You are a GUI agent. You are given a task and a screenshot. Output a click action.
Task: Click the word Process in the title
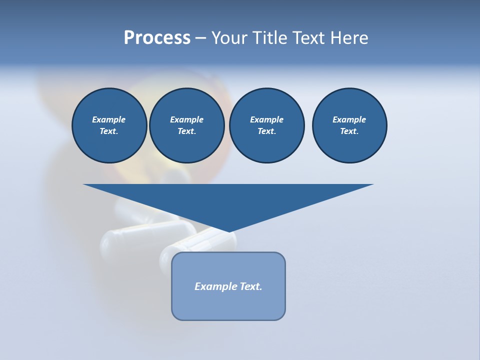157,38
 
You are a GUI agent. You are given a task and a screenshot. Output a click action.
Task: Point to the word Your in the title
230,38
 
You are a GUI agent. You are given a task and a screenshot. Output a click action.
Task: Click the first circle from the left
109,125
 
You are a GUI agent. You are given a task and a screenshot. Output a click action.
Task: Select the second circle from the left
186,125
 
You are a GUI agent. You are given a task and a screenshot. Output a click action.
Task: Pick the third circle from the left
266,125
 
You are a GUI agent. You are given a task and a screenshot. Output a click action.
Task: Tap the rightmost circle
349,125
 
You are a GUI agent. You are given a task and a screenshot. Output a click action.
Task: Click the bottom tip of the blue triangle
229,231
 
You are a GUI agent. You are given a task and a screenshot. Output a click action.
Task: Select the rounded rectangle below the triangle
228,286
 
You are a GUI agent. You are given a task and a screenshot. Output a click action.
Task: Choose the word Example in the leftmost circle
109,119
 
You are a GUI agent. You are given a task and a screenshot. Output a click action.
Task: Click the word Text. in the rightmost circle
349,131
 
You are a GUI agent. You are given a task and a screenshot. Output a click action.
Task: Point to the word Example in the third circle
266,119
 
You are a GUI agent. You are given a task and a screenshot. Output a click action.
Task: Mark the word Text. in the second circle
186,131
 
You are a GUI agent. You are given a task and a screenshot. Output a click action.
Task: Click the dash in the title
200,38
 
